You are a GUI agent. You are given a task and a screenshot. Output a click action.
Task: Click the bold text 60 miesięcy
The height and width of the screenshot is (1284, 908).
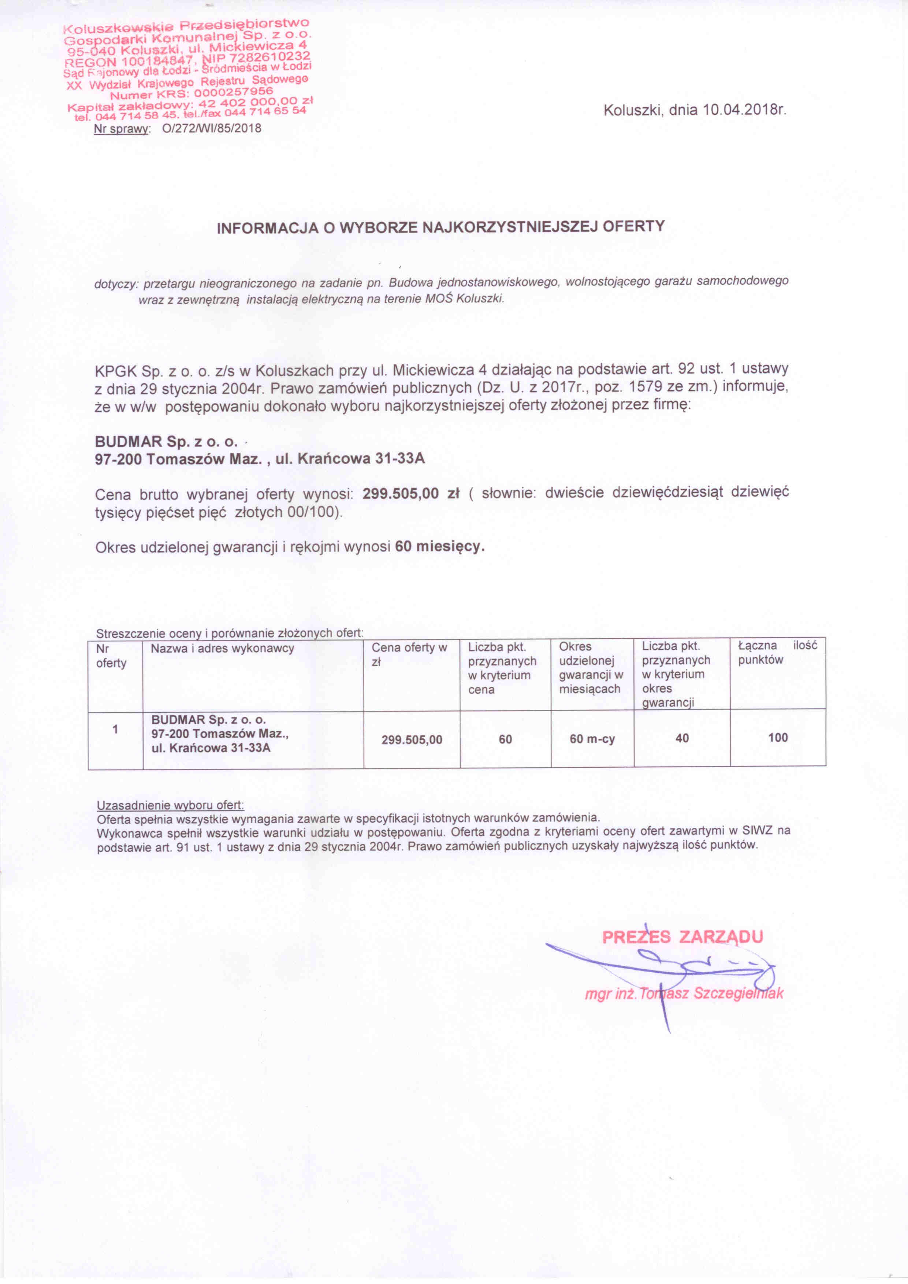(x=439, y=546)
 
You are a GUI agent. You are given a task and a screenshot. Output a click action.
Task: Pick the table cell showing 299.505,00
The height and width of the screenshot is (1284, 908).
(x=412, y=740)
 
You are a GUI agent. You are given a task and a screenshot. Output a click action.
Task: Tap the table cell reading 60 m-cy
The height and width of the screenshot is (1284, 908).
(x=592, y=739)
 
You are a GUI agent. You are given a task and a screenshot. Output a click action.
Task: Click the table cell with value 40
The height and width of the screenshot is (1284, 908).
(x=682, y=738)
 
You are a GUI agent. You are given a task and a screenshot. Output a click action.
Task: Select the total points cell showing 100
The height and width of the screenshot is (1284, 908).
(x=778, y=738)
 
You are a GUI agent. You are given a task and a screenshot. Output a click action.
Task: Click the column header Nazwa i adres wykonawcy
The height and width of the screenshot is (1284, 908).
(x=223, y=649)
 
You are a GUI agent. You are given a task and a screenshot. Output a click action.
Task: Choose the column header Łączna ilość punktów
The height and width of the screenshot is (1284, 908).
(x=777, y=653)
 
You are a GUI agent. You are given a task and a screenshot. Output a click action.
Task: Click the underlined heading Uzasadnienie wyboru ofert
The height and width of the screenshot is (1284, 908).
(x=170, y=805)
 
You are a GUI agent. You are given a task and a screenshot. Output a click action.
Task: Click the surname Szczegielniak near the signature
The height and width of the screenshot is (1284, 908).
(x=738, y=994)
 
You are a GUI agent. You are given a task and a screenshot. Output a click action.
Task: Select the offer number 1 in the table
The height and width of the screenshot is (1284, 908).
(x=115, y=729)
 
